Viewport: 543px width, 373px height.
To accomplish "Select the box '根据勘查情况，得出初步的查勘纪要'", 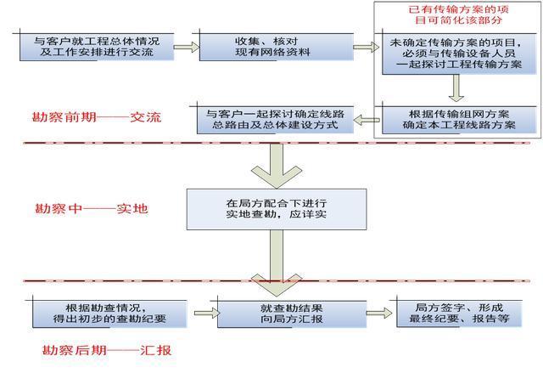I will (109, 313).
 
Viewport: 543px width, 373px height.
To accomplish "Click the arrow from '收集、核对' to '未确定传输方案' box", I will (366, 46).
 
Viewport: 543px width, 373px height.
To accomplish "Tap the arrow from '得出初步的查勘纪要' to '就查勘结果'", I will (204, 312).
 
